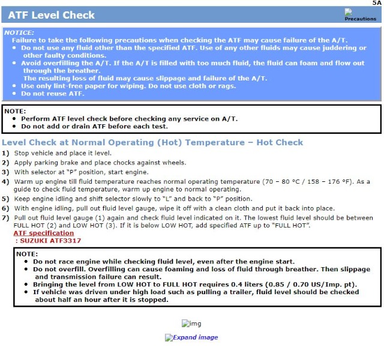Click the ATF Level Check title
[x=51, y=14]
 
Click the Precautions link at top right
[x=360, y=18]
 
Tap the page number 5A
[x=376, y=3]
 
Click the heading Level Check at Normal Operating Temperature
[x=152, y=142]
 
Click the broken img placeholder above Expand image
[x=191, y=324]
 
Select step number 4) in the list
[x=5, y=181]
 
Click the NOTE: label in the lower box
[x=27, y=254]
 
